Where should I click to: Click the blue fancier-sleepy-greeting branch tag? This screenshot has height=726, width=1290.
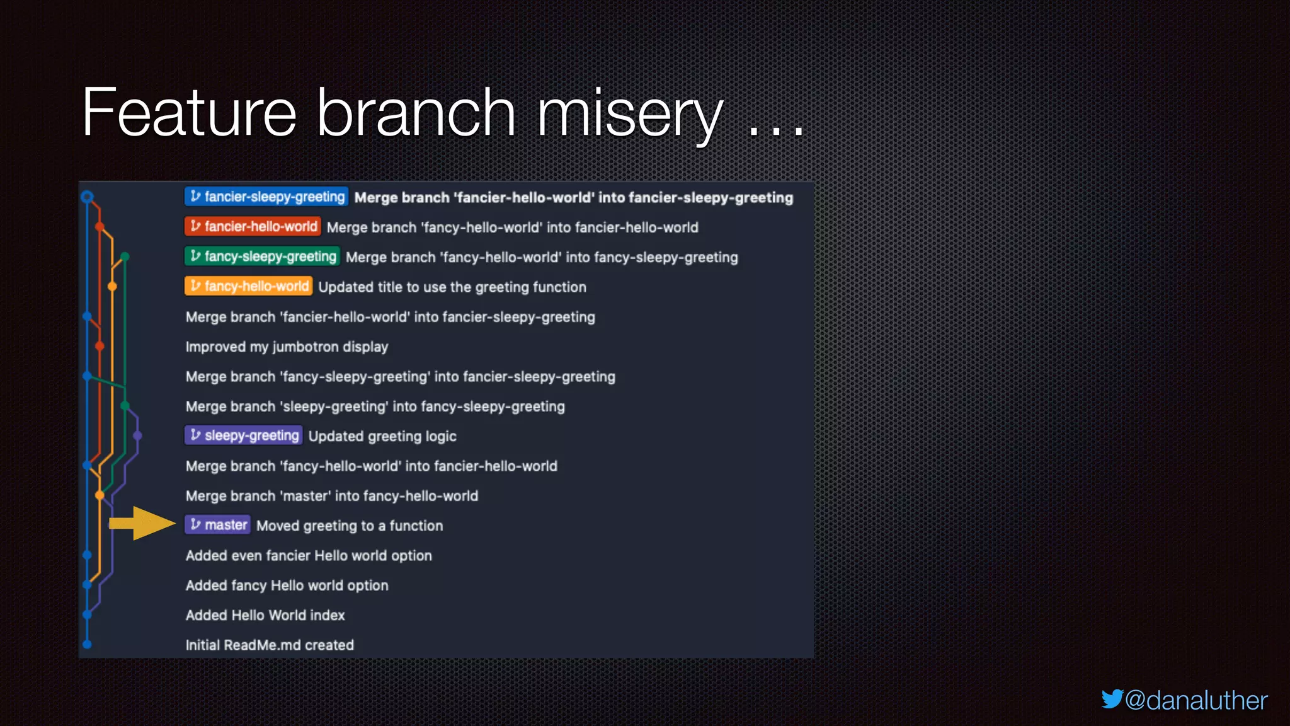click(x=266, y=197)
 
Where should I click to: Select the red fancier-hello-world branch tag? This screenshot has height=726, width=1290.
click(x=253, y=226)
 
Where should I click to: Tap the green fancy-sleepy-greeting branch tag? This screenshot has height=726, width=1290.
click(x=263, y=256)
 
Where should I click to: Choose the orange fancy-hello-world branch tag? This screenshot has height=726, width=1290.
click(x=249, y=286)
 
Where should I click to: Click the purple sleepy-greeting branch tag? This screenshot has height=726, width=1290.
click(x=244, y=435)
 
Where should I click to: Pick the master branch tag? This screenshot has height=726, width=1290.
click(x=218, y=525)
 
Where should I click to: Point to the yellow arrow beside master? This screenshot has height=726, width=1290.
click(x=142, y=523)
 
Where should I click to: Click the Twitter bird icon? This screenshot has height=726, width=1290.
click(x=1112, y=699)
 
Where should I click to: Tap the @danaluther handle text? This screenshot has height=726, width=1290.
click(x=1196, y=701)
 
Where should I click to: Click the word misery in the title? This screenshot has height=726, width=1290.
click(x=629, y=113)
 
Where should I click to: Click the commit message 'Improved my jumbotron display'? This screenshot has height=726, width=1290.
click(x=287, y=347)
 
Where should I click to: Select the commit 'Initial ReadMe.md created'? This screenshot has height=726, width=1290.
click(x=270, y=645)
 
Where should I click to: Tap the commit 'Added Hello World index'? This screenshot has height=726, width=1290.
click(x=265, y=615)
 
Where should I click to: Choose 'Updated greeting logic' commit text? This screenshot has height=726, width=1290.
click(x=382, y=436)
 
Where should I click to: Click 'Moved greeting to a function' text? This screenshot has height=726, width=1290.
click(x=350, y=526)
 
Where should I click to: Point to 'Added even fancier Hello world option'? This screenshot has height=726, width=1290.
click(x=309, y=555)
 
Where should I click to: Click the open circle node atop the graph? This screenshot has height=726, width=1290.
click(x=88, y=197)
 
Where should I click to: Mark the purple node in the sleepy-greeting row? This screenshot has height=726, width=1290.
click(x=137, y=435)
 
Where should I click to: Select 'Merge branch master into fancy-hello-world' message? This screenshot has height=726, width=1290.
click(x=332, y=496)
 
